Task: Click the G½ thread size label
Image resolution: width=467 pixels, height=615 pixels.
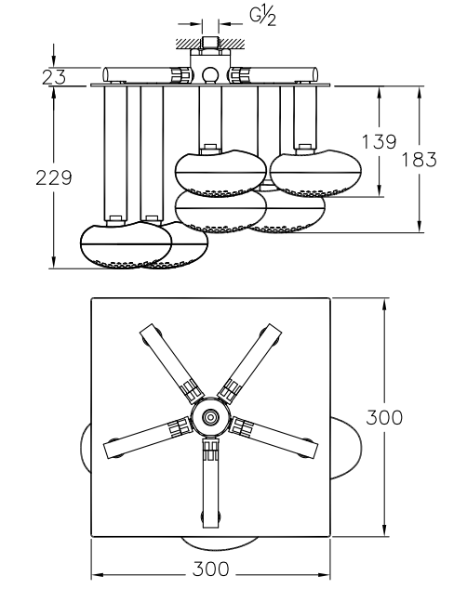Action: click(262, 17)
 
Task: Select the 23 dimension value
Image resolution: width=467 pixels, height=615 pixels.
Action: click(54, 77)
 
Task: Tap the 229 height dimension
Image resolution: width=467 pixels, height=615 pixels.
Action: click(54, 178)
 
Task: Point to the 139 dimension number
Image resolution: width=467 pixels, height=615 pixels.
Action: click(379, 141)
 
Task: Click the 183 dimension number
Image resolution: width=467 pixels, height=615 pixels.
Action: click(419, 160)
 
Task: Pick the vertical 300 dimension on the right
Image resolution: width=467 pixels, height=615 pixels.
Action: click(384, 417)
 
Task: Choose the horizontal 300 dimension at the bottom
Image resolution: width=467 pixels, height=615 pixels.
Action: click(210, 569)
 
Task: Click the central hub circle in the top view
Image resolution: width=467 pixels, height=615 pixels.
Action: click(210, 417)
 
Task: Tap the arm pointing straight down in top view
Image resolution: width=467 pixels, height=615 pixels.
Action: click(210, 483)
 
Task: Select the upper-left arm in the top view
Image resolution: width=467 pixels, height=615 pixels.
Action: click(172, 363)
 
